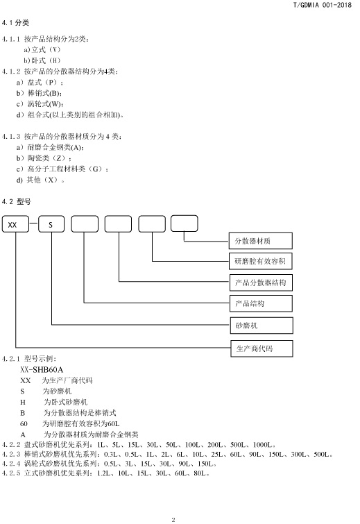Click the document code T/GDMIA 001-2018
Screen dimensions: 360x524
[323, 5]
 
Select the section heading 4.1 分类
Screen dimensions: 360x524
[15, 23]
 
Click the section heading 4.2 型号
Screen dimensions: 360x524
[17, 201]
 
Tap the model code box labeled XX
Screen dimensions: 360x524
[15, 224]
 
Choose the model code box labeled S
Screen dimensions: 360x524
[51, 224]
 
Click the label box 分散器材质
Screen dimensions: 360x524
[261, 241]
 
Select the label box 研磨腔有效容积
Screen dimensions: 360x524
[261, 262]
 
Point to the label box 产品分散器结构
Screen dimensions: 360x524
[261, 282]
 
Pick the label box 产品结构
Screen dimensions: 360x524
[261, 303]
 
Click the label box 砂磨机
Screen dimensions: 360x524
[262, 326]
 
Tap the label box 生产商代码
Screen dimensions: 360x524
[262, 348]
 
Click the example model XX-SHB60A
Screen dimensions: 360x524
[42, 370]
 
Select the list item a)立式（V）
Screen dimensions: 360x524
[42, 50]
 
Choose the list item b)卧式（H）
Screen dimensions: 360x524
[42, 60]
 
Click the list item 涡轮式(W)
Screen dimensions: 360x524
[45, 104]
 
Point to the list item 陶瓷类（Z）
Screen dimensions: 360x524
[49, 158]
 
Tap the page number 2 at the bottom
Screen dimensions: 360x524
[173, 520]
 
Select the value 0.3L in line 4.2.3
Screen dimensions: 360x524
[111, 455]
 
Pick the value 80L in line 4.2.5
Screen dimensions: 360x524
[200, 473]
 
